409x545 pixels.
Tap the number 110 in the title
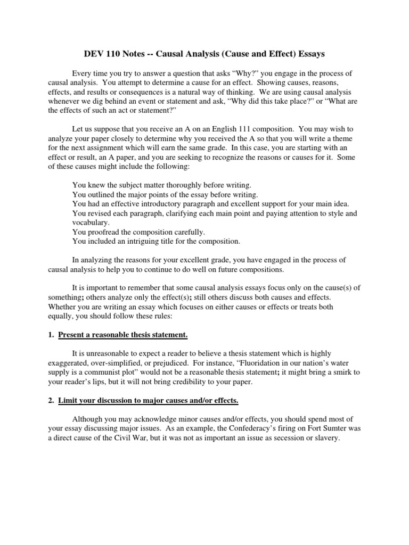116,54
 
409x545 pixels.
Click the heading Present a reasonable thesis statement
123,335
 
